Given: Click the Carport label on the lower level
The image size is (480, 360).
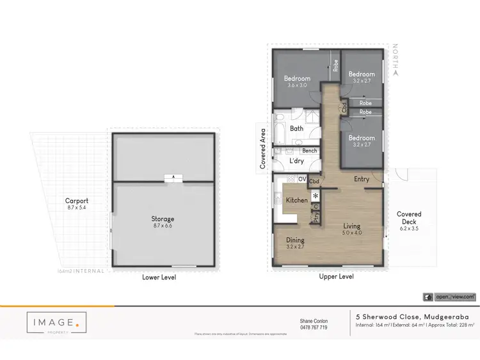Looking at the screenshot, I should coord(77,200).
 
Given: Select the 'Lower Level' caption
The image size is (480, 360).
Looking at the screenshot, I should coord(159,277).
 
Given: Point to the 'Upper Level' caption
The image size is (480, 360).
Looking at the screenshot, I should coord(336,277).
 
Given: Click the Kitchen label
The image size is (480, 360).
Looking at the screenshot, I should coord(296,200).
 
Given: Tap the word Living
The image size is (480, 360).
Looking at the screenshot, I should coord(352,225).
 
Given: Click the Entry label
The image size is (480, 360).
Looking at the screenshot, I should coord(362,179).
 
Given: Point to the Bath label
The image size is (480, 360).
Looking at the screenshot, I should coord(296,128).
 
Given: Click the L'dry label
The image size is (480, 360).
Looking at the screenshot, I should coord(296,161).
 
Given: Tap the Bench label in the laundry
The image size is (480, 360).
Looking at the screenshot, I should coord(310,151).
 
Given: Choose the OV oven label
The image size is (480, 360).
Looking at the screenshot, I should coord(301,179).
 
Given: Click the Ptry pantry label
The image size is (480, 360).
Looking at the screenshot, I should coord(316,217).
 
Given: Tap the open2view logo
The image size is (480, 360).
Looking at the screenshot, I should coord(449,297).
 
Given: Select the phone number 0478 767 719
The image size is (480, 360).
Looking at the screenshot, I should coord(314,327).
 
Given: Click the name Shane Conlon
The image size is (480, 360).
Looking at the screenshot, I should coord(314,321).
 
